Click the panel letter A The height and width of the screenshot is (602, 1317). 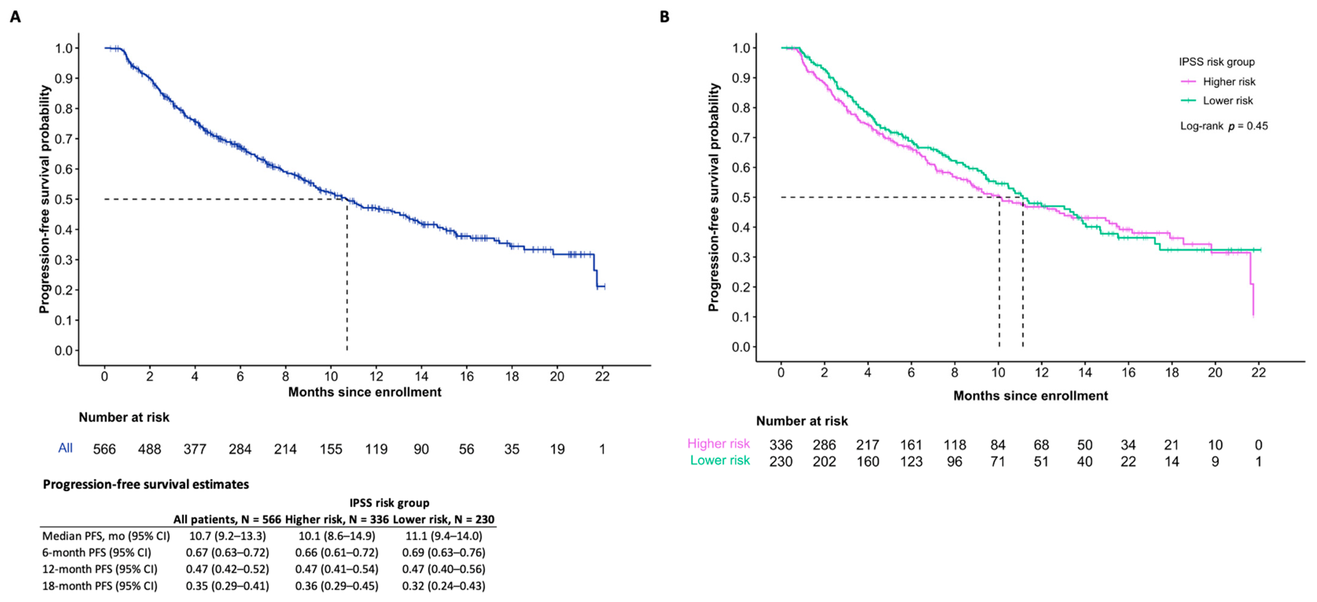(15, 17)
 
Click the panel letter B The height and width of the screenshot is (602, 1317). (664, 17)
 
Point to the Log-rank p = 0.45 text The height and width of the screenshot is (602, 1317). (1224, 126)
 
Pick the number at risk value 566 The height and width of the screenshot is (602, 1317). (104, 449)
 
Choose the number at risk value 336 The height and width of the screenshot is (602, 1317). (781, 445)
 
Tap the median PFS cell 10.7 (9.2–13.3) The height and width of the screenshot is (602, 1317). (228, 536)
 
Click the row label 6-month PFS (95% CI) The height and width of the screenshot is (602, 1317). (97, 553)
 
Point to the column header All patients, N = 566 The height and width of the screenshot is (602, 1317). (227, 520)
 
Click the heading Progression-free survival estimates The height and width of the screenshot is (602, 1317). (146, 484)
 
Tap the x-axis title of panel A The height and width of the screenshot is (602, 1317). (365, 392)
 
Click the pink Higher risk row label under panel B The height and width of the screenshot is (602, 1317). (718, 444)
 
